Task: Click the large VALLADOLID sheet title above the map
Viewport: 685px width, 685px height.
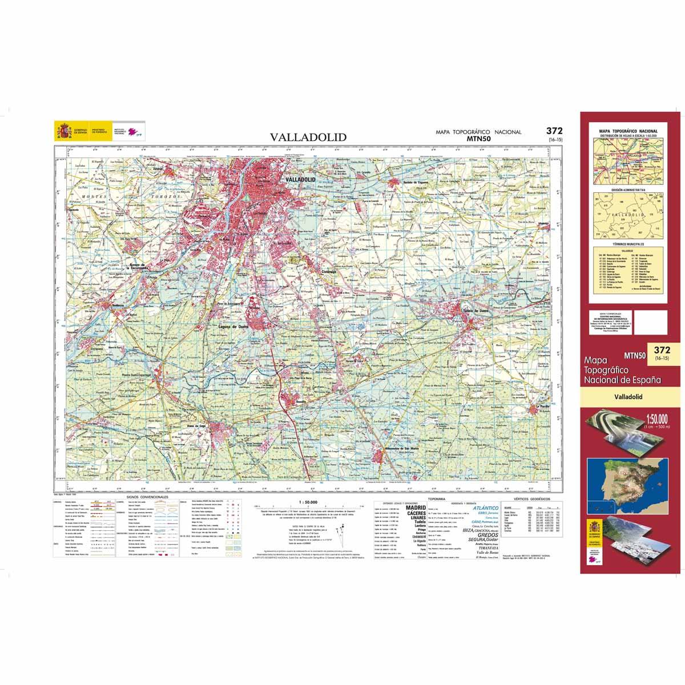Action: [x=308, y=138]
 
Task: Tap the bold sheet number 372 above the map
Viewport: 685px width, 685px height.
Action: [x=554, y=131]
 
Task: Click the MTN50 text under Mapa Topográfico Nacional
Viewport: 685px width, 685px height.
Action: [x=478, y=138]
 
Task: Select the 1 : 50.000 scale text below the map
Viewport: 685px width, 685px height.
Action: [x=308, y=502]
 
